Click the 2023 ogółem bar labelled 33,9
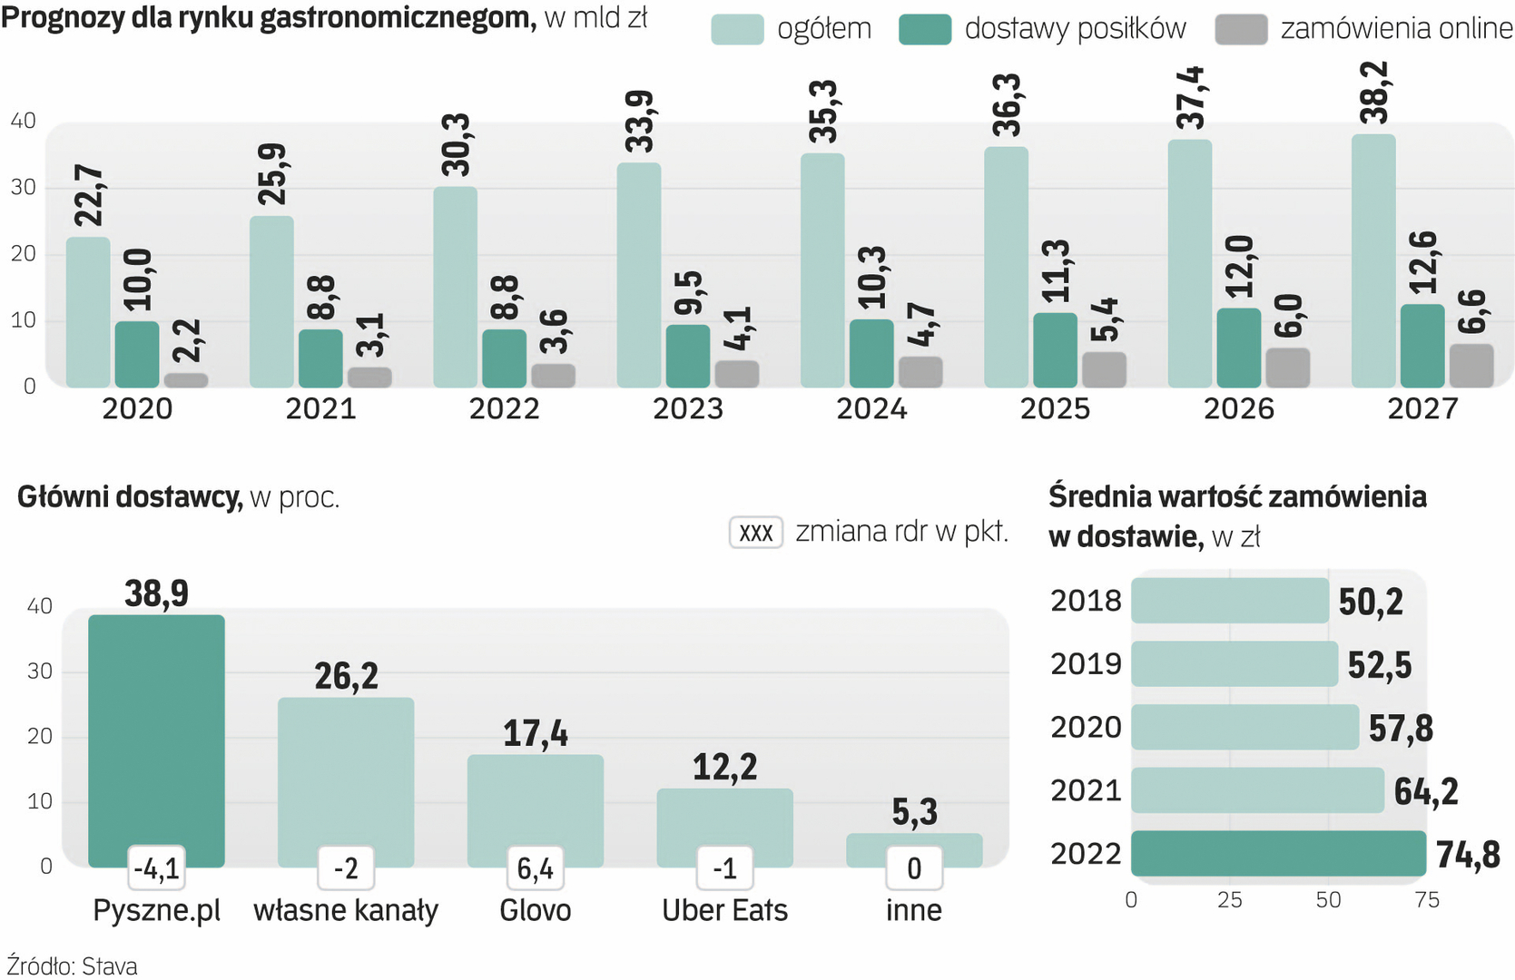[638, 275]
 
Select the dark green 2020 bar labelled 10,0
[137, 354]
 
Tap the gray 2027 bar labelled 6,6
[1471, 366]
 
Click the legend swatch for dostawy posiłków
[924, 30]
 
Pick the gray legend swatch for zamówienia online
[1240, 30]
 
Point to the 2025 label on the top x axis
[1055, 409]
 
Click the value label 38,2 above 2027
[1374, 93]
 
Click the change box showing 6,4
[535, 868]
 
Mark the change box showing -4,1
[156, 868]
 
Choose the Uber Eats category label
[724, 910]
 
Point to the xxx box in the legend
[755, 533]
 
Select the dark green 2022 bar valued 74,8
[1278, 854]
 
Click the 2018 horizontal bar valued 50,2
[1229, 601]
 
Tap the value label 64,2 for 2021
[1425, 791]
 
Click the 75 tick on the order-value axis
[1427, 900]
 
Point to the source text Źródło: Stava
[73, 966]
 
